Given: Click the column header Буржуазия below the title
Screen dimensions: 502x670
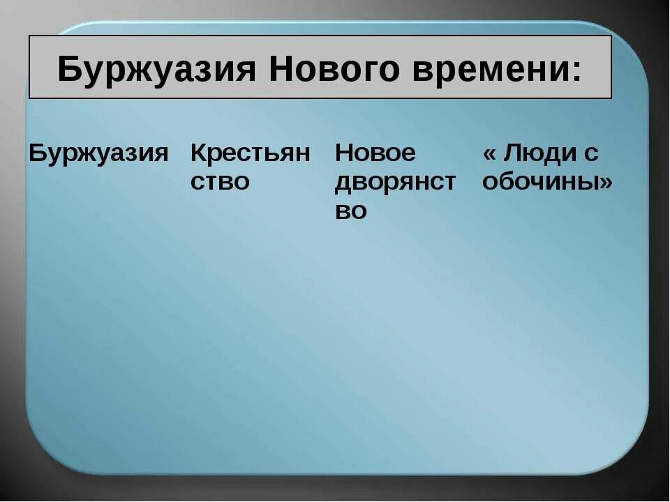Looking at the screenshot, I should pyautogui.click(x=98, y=153).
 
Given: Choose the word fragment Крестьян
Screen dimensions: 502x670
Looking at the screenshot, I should pyautogui.click(x=250, y=153).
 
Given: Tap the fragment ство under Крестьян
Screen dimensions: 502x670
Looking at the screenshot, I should pyautogui.click(x=220, y=182).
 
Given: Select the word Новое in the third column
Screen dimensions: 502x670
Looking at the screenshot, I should pyautogui.click(x=375, y=153).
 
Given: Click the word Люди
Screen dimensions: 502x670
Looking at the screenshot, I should pyautogui.click(x=539, y=153).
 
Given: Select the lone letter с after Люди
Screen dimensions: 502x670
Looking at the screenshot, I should pyautogui.click(x=592, y=155).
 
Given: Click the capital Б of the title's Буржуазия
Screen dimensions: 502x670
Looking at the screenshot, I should pyautogui.click(x=68, y=70).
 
